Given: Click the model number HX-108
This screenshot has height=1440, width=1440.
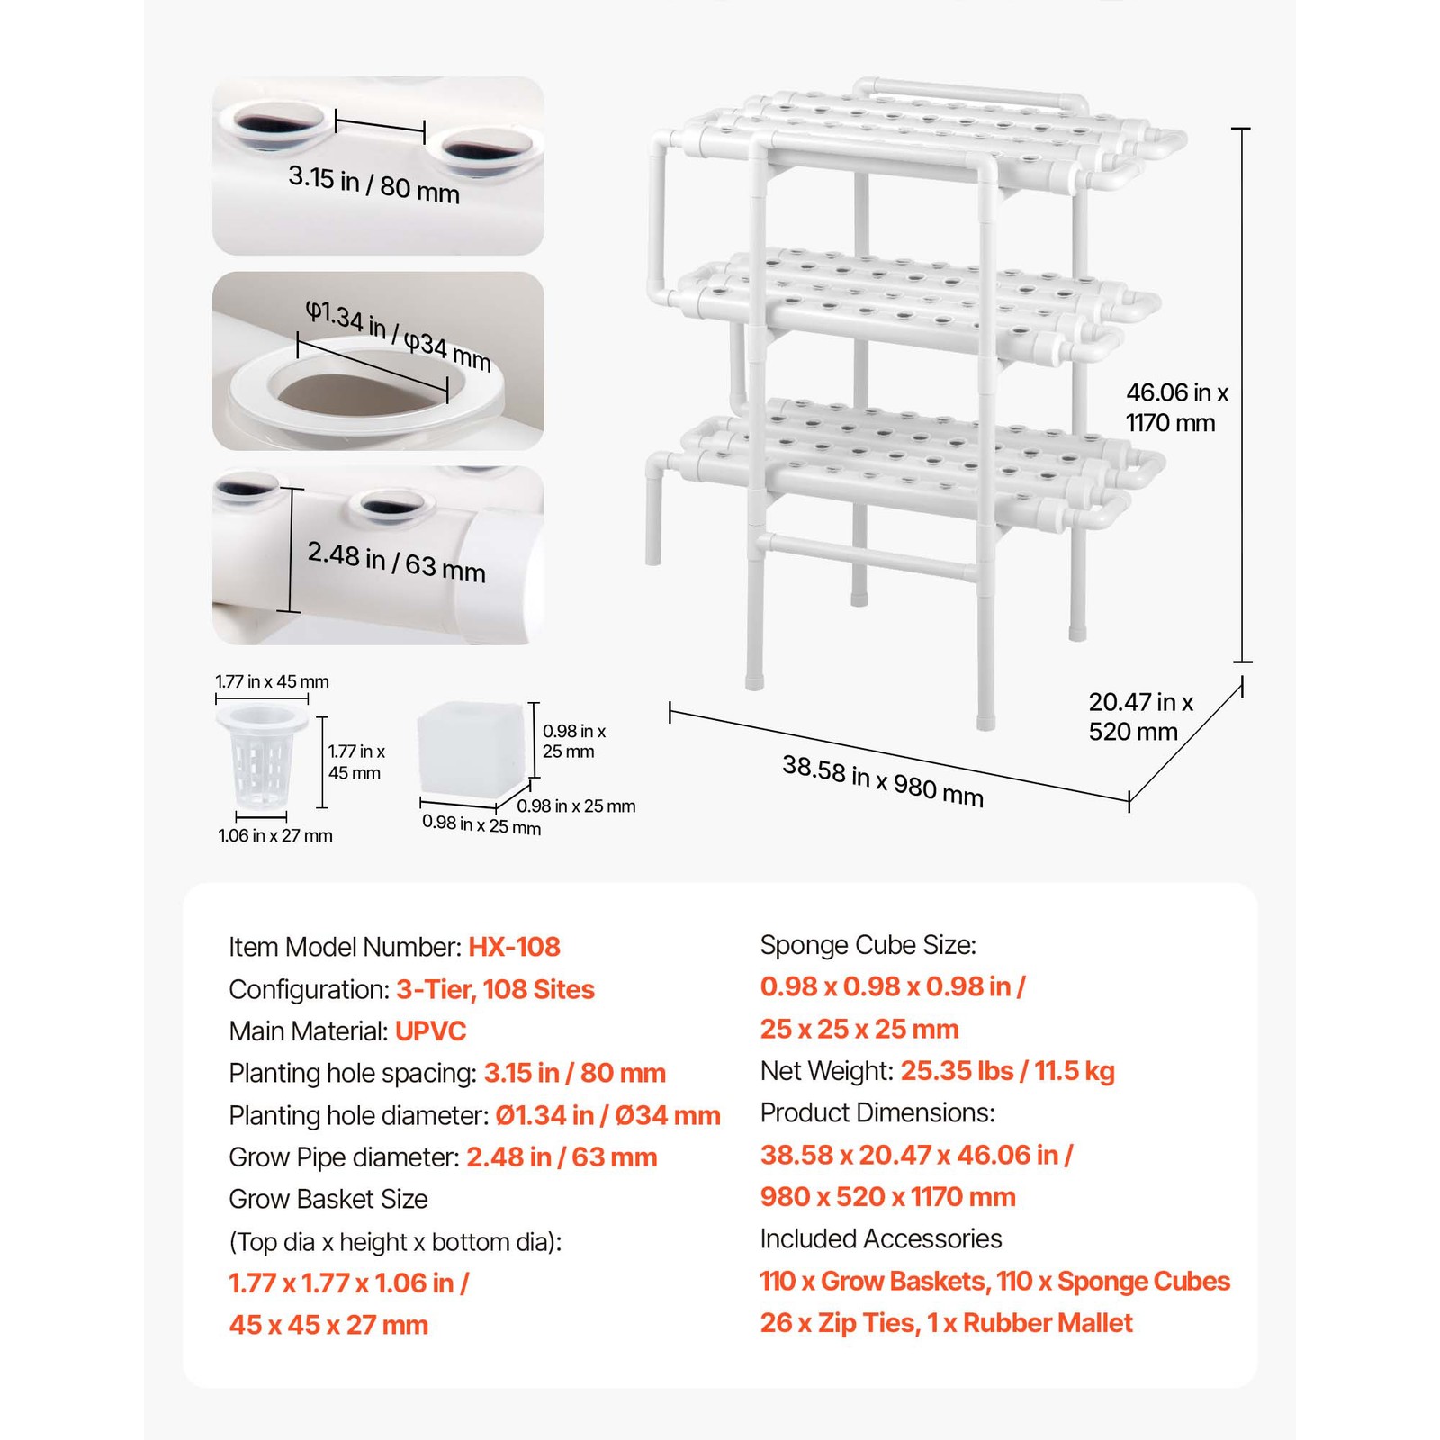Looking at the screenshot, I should coord(514,947).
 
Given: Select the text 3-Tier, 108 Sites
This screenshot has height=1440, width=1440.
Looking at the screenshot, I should coord(495,989).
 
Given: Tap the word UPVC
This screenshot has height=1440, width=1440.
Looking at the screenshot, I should coord(430,1030).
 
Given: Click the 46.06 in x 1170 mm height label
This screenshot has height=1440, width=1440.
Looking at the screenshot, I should coord(1175,408).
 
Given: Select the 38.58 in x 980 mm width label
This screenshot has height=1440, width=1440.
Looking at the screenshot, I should coord(882,780).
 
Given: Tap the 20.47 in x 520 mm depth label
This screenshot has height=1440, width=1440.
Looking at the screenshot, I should coord(1139,716).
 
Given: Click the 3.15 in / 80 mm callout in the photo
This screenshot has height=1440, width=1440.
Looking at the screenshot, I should coord(373,184).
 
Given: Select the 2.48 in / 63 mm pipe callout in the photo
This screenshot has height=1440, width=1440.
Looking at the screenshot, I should coord(396,561).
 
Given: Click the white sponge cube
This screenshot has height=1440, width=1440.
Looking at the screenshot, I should coord(471,749).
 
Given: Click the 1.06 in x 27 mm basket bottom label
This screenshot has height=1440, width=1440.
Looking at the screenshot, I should coord(274,835).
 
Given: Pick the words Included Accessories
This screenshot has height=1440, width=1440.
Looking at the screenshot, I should coord(880,1238).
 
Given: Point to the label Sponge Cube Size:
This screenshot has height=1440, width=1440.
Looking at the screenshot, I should coord(868,945).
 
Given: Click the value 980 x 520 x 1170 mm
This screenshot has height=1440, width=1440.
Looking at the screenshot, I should coord(887,1196).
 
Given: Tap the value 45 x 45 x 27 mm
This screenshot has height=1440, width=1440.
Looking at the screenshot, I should coord(328,1325).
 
